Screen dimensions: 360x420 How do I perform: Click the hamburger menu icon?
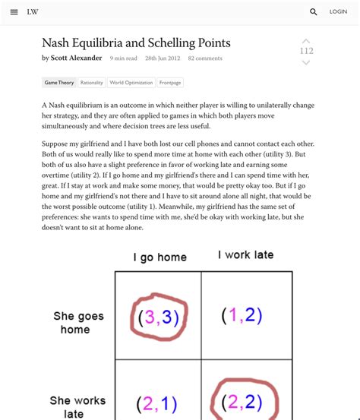14,12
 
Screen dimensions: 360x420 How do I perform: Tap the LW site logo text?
33,12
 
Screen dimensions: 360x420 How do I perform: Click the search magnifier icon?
314,12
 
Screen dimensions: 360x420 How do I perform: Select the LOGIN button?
338,12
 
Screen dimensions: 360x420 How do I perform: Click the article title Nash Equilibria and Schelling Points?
136,43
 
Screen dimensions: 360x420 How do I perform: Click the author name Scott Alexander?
77,58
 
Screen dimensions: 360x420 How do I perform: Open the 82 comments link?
205,58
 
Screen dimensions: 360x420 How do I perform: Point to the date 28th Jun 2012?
163,58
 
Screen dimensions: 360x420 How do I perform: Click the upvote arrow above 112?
306,41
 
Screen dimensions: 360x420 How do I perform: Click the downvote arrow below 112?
306,62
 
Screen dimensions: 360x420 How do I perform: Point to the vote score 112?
306,51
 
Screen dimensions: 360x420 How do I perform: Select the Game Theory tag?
59,82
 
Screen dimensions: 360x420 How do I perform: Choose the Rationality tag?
92,82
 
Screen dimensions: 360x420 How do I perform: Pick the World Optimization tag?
131,82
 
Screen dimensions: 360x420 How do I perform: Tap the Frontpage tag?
170,82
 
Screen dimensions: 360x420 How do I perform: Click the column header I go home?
159,257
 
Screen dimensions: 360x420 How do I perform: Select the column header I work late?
245,255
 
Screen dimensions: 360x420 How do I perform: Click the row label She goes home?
78,322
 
